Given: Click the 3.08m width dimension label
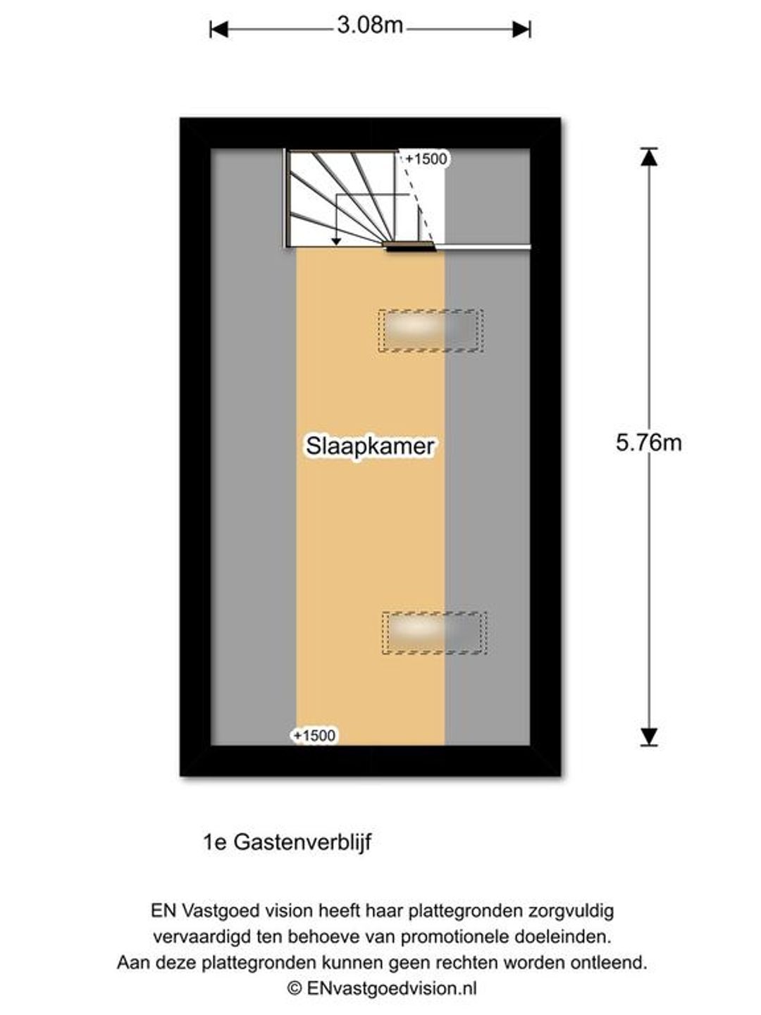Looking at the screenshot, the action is [370, 25].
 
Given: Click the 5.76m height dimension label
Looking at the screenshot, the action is [648, 443].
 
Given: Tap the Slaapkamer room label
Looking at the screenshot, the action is [370, 446].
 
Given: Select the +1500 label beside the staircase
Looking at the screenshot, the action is [426, 159].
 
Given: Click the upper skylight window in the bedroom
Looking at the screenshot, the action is [431, 331].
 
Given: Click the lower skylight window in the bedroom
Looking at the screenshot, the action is [434, 632].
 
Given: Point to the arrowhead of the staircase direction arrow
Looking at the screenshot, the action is [336, 241].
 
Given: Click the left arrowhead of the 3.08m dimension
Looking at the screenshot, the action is [219, 30].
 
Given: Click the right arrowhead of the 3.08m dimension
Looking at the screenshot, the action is [521, 30].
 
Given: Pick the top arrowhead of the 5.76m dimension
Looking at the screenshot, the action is [649, 157].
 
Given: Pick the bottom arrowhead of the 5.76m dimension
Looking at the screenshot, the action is [649, 736].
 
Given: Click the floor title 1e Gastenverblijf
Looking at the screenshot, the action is [287, 842].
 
